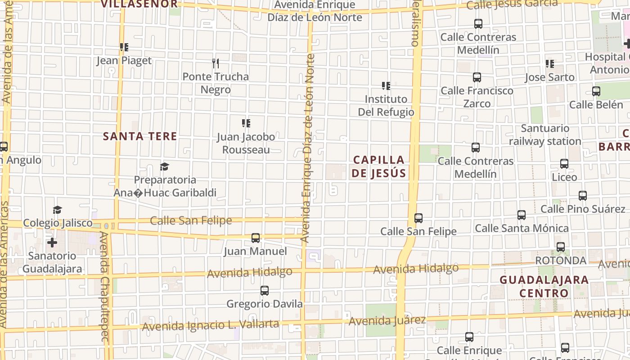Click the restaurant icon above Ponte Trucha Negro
[x=216, y=63]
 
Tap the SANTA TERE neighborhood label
[x=140, y=136]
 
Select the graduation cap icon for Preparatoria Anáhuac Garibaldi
[x=164, y=167]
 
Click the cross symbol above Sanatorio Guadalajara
[x=52, y=243]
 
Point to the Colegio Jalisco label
[x=58, y=223]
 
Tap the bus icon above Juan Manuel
[x=256, y=238]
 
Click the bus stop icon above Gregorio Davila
[x=265, y=291]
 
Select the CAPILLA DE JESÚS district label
[x=379, y=166]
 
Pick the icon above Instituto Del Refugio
[x=386, y=85]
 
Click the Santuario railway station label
[x=545, y=135]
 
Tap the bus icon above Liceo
[x=564, y=164]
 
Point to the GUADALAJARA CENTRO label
[x=544, y=286]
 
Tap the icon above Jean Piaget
[x=124, y=47]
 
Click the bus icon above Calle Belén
[x=596, y=91]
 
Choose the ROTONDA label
[x=560, y=261]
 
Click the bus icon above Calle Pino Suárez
[x=583, y=196]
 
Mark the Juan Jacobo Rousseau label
[x=246, y=143]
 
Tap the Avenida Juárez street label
[x=387, y=321]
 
